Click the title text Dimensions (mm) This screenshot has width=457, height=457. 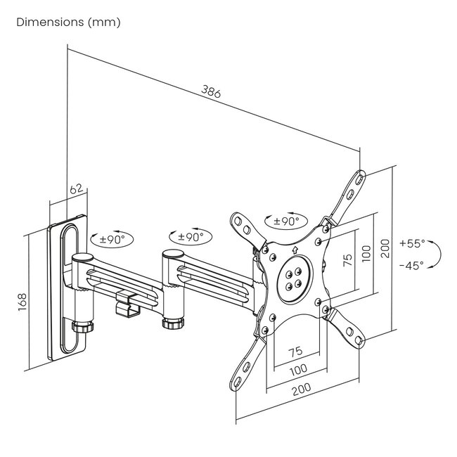[68, 22]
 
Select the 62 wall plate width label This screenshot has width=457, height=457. [77, 188]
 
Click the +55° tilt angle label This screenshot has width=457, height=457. [412, 243]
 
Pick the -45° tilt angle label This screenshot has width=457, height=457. [412, 266]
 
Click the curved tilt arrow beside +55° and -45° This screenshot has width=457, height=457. [436, 254]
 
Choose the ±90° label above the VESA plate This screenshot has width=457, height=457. [286, 221]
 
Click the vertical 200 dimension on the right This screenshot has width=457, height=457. [385, 247]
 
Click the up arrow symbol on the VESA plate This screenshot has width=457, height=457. [293, 248]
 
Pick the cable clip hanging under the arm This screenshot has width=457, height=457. [126, 303]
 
